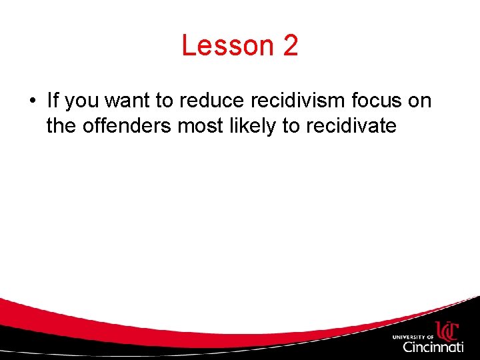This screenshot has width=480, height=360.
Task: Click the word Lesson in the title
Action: click(227, 46)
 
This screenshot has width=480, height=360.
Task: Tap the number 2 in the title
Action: click(290, 46)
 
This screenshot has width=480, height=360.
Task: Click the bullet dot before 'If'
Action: click(31, 101)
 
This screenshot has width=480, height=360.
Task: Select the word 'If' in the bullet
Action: click(52, 101)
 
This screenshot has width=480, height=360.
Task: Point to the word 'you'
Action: click(83, 102)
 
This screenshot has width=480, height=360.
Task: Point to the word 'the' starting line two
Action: click(61, 125)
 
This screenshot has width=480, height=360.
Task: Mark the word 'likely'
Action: click(253, 125)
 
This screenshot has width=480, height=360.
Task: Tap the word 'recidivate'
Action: click(352, 125)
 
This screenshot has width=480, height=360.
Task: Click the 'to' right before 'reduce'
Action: click(170, 101)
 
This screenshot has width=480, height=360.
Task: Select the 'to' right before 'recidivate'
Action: click(291, 125)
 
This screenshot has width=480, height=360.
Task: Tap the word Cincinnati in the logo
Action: click(433, 347)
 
